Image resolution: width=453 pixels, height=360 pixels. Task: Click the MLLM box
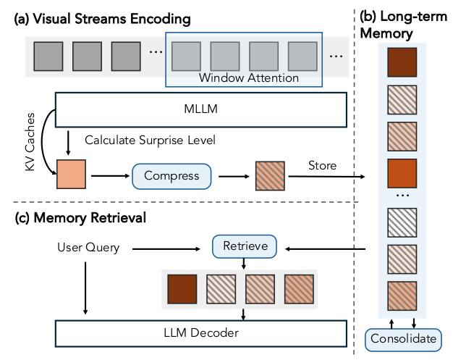[200, 110]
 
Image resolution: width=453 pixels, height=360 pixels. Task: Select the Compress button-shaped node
[172, 177]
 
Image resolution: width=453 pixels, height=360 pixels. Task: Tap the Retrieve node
[245, 246]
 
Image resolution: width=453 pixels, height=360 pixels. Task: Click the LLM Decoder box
[200, 333]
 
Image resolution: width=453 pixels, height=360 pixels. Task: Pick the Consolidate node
[403, 340]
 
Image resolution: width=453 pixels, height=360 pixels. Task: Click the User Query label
[88, 248]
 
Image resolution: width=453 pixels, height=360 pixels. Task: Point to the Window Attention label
[249, 78]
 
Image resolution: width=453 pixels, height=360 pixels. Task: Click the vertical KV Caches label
[30, 142]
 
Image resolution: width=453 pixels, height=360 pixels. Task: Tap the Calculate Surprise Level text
[150, 141]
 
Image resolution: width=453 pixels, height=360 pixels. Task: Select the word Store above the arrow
[323, 165]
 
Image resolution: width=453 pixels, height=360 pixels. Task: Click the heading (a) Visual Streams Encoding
[102, 19]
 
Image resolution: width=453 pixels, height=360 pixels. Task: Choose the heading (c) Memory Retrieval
[80, 218]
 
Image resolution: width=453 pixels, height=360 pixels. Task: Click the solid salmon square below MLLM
[71, 174]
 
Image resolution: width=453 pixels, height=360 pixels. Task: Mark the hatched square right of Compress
[270, 176]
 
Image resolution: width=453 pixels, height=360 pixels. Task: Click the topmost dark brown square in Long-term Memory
[402, 62]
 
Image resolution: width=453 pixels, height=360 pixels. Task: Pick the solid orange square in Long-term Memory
[402, 173]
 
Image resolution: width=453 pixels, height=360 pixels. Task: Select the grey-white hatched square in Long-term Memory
[402, 222]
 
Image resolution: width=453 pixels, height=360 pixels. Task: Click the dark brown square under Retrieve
[182, 289]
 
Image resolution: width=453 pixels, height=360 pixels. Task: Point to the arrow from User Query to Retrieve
[166, 248]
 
